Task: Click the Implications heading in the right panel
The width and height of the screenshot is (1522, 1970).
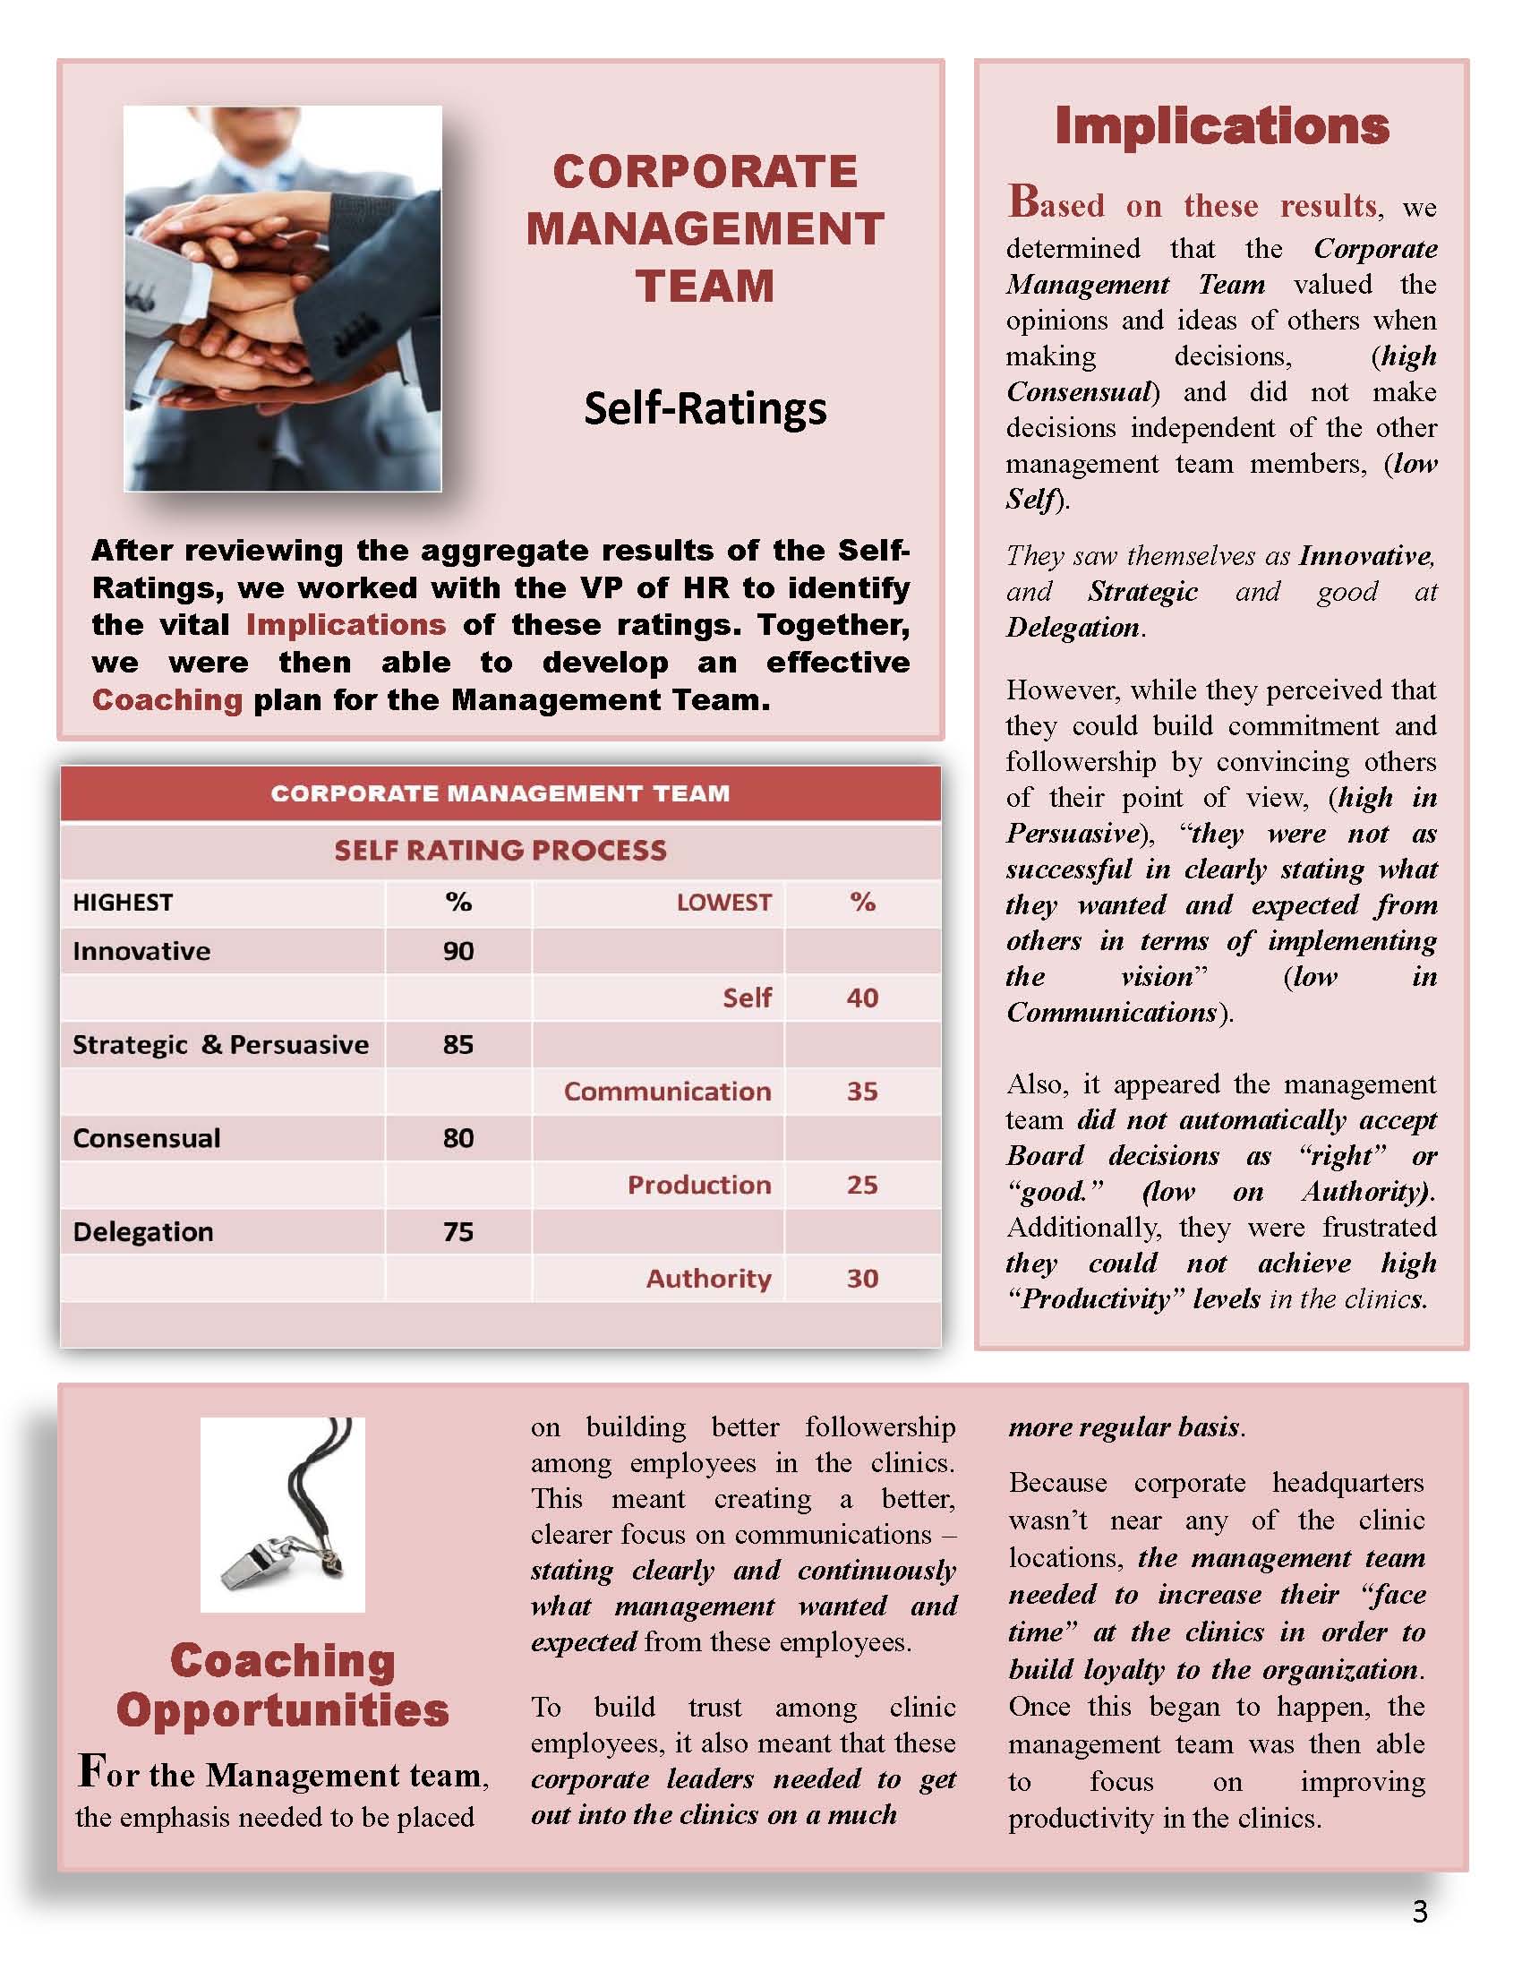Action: coord(1221,126)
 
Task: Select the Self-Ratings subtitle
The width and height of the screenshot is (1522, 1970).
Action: coord(705,407)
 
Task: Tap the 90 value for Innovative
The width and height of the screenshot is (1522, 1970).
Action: coord(458,951)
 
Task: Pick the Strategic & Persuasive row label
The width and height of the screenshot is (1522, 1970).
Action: coord(221,1044)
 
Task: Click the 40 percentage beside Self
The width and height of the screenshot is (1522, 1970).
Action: coord(862,998)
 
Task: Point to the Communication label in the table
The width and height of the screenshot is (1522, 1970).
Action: coord(667,1092)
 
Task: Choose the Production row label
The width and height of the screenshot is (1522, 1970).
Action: coord(699,1186)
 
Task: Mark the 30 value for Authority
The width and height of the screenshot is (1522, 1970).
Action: coord(862,1278)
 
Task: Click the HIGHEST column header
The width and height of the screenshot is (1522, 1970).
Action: coord(123,903)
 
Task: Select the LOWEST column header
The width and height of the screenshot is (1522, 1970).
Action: coord(723,903)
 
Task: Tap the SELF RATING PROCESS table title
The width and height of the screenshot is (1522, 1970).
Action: coord(500,851)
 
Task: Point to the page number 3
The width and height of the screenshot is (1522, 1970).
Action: coord(1420,1913)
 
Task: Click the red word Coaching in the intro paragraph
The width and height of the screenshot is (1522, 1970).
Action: coord(167,700)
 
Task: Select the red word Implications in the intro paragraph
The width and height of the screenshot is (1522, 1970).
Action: coord(346,624)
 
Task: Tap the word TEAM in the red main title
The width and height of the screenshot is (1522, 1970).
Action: coord(705,287)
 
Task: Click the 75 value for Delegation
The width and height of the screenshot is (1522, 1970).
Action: coord(458,1232)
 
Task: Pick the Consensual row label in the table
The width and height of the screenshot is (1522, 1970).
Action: coord(147,1138)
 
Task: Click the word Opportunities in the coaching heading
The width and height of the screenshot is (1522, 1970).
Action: coord(282,1711)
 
